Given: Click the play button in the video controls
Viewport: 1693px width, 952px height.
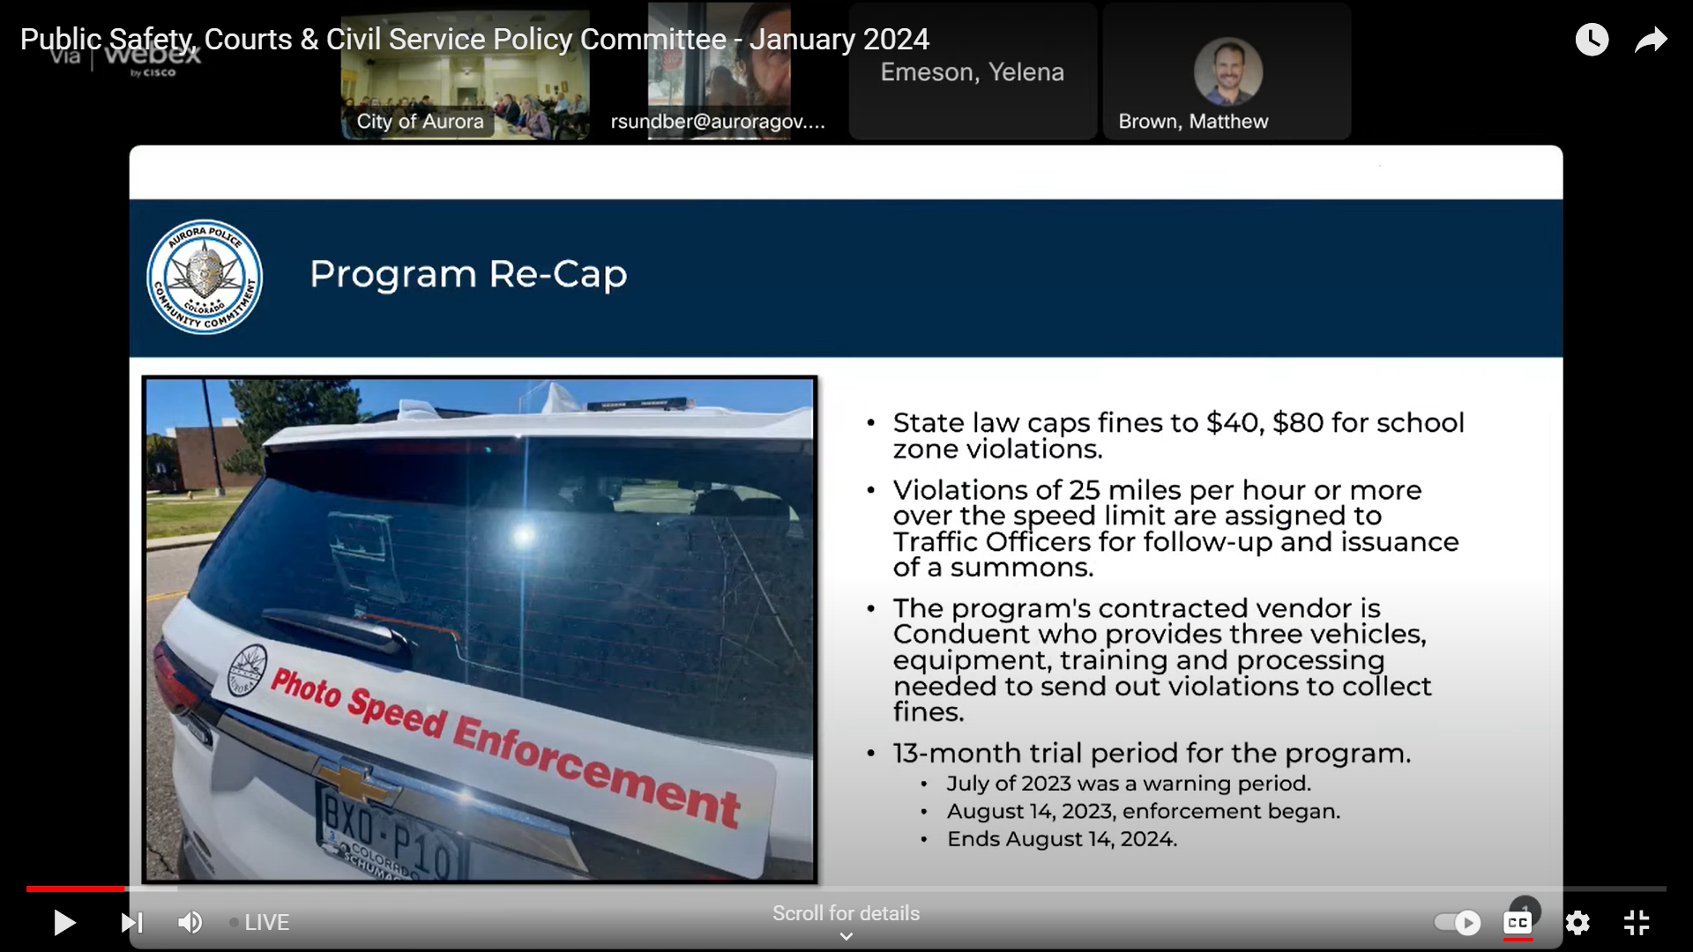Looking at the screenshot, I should pyautogui.click(x=64, y=923).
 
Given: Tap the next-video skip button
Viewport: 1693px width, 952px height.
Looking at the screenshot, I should pyautogui.click(x=131, y=923).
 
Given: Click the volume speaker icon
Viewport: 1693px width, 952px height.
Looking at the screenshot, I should pyautogui.click(x=190, y=923).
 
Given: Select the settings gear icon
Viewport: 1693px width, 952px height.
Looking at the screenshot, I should pyautogui.click(x=1577, y=923).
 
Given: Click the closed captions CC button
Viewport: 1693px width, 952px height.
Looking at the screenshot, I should pyautogui.click(x=1518, y=923).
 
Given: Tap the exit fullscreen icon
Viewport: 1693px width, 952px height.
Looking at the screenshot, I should pyautogui.click(x=1637, y=923).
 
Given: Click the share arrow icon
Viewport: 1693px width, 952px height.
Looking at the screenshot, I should pyautogui.click(x=1651, y=41).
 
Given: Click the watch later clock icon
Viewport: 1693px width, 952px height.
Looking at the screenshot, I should pyautogui.click(x=1592, y=40).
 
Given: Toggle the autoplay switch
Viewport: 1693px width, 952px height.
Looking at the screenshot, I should pyautogui.click(x=1458, y=923).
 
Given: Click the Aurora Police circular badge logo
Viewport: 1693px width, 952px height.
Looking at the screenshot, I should pyautogui.click(x=205, y=277).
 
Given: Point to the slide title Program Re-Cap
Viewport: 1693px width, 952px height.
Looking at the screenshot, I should pyautogui.click(x=468, y=274).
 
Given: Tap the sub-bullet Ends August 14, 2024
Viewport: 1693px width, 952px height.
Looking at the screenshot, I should pyautogui.click(x=1062, y=839).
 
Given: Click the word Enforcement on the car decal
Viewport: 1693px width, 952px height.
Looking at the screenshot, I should pyautogui.click(x=596, y=766).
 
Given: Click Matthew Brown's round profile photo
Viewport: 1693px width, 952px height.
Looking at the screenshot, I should pyautogui.click(x=1227, y=71).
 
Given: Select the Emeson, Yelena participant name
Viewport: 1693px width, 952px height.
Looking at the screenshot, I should pyautogui.click(x=972, y=72).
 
